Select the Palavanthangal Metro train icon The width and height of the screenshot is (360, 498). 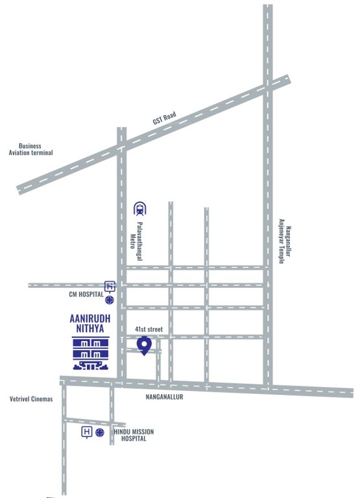pos(139,208)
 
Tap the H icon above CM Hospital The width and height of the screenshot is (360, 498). pos(110,286)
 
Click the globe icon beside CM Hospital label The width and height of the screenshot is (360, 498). pos(111,300)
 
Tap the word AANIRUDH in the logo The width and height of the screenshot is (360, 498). pos(88,319)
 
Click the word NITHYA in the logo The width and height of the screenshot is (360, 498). pos(88,329)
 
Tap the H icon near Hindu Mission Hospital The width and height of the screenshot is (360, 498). pos(86,432)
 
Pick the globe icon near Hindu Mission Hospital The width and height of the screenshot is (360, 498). pos(99,432)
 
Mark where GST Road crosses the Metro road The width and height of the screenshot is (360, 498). pos(121,147)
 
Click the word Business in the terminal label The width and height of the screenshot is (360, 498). pos(30,146)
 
